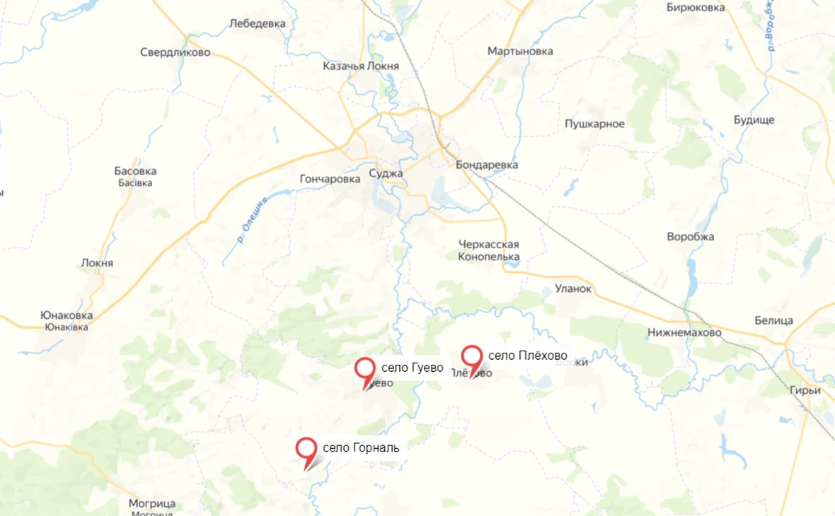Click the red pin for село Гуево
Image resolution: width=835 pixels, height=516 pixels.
click(x=364, y=370)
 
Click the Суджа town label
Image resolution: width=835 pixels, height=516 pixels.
click(x=386, y=173)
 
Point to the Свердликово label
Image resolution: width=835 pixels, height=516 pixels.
click(x=175, y=52)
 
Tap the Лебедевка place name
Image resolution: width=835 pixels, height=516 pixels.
click(x=258, y=23)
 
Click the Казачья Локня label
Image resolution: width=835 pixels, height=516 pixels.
click(x=360, y=66)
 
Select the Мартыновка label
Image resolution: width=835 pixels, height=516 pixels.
click(x=520, y=52)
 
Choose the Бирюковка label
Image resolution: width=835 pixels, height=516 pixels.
click(x=696, y=8)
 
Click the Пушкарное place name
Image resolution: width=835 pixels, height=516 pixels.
click(x=594, y=124)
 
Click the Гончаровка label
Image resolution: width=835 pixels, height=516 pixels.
click(x=330, y=179)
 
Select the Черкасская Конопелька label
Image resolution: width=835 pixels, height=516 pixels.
click(x=489, y=250)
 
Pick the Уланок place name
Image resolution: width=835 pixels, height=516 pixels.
click(x=573, y=288)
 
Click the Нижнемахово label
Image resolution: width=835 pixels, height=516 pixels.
click(x=684, y=332)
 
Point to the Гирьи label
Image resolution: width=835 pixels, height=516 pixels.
click(x=807, y=390)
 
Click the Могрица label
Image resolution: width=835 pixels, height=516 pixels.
click(x=152, y=504)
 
